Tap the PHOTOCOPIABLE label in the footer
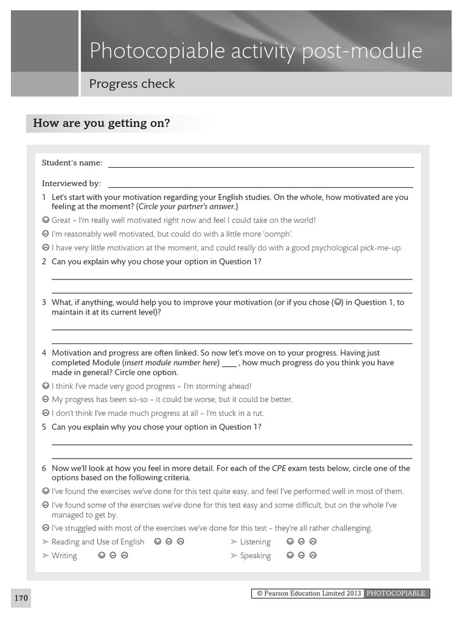tap(397, 593)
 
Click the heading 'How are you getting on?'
tap(101, 124)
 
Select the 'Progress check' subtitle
tap(132, 84)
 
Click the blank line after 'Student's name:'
tap(260, 164)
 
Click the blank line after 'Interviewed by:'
tap(260, 185)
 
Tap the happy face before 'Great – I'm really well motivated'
tap(46, 220)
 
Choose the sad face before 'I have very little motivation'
tap(46, 247)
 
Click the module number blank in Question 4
tap(229, 364)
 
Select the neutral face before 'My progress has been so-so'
tap(46, 400)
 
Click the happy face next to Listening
tap(290, 541)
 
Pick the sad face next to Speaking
tap(313, 555)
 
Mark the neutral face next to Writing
tap(113, 555)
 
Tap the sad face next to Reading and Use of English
tap(180, 541)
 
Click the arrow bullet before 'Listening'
tap(234, 542)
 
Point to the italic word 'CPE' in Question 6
tap(279, 468)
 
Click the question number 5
tap(44, 427)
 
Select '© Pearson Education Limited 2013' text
tap(309, 593)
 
